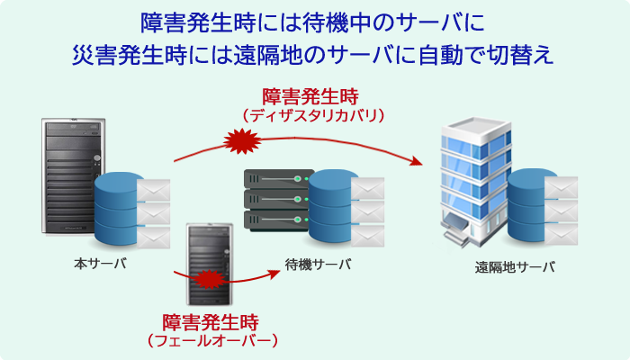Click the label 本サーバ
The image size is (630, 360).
pos(101,264)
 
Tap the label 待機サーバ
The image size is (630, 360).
pos(319,265)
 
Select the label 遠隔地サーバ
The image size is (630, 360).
pos(515,266)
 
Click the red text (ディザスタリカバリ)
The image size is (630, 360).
pos(313,116)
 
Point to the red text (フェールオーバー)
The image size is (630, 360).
pos(212,341)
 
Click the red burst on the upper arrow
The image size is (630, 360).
pos(242,141)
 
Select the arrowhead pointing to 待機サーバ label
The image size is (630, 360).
pos(274,274)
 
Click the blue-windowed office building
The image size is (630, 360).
pos(474,181)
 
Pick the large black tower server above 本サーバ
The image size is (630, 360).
pos(72,176)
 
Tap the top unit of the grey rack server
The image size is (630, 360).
pos(278,178)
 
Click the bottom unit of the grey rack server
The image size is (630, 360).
pos(278,220)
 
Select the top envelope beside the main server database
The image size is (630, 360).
pos(154,190)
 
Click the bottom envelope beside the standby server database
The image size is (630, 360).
pos(367,236)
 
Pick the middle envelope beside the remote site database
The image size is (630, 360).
pos(561,211)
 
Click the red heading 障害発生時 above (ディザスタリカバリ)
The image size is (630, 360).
pos(310,96)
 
